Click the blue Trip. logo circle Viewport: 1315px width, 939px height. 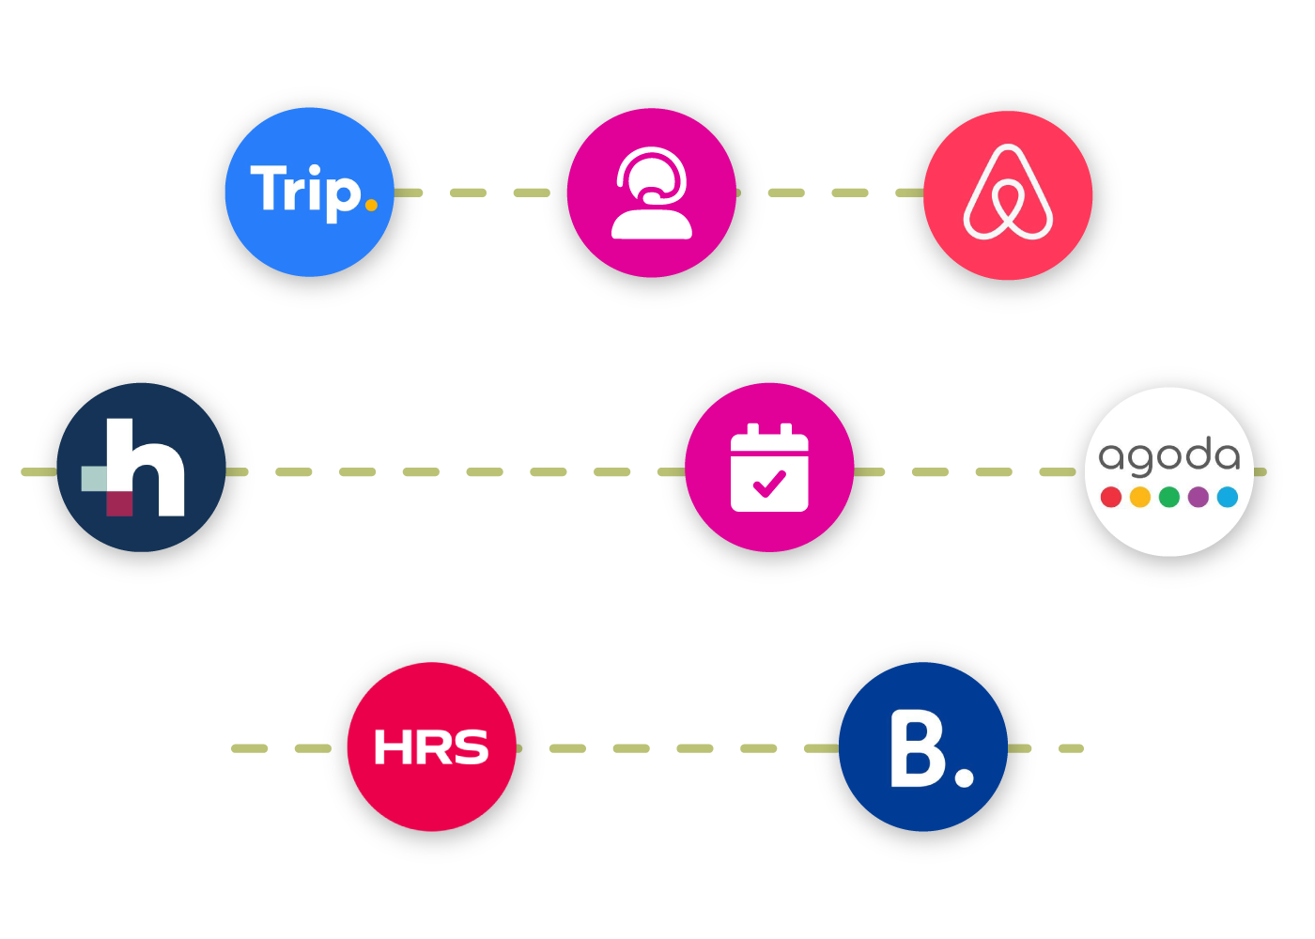pos(309,192)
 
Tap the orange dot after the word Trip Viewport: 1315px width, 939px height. pos(371,205)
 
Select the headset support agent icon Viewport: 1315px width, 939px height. pos(651,193)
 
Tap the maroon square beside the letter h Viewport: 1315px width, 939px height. pos(119,503)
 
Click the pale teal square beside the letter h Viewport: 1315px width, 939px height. pos(94,478)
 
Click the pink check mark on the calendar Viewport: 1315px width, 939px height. pos(769,484)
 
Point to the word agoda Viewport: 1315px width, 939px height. pos(1168,456)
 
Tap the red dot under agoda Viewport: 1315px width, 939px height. pos(1111,497)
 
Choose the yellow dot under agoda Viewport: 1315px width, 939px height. pos(1140,497)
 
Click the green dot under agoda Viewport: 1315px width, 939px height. pos(1169,497)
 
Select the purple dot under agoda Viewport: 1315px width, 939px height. pos(1199,497)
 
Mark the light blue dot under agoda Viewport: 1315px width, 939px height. pos(1228,497)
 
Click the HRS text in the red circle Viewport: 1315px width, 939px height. pos(431,747)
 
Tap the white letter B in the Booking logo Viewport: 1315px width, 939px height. pos(917,748)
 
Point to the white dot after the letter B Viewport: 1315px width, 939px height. pos(964,777)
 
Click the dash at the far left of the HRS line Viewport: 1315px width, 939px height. pos(250,748)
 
